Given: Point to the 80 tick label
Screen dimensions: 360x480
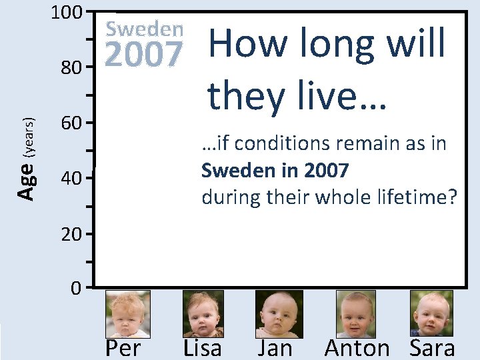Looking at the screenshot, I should [71, 68].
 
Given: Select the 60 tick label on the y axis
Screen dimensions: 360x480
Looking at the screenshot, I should [71, 123].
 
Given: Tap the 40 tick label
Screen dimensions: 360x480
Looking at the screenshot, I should [71, 179].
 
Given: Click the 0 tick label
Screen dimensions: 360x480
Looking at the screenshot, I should [76, 289].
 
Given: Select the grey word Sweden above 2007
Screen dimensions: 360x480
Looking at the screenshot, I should [145, 29].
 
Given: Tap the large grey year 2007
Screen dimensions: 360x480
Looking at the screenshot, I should [145, 55].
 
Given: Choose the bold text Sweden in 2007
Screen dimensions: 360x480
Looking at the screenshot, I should [275, 171].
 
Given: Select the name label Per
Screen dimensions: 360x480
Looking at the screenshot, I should [123, 347].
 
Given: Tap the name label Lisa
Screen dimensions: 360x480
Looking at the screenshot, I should [202, 347].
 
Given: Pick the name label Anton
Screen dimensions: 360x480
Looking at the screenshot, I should [357, 347].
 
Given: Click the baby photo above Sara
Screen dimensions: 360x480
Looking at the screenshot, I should [431, 313].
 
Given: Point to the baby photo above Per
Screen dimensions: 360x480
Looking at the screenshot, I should [128, 313].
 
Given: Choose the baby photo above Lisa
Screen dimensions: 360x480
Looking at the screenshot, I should [203, 313].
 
